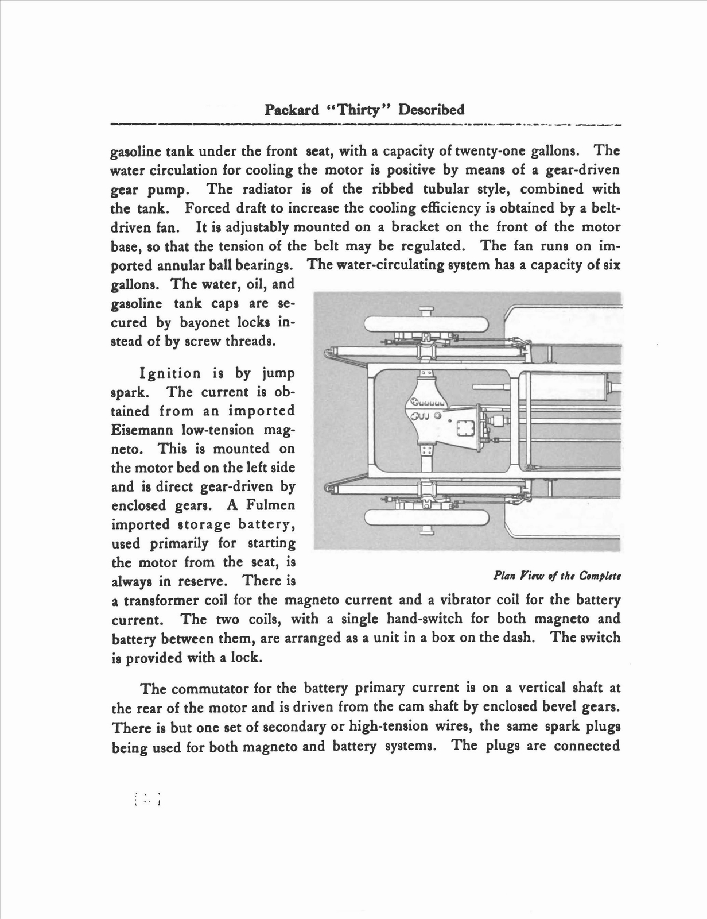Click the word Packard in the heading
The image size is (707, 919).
coord(292,110)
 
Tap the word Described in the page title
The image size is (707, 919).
coord(432,110)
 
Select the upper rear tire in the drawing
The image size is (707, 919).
coord(426,326)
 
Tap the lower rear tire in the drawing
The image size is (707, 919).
coord(426,516)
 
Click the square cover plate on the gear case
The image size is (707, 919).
coord(464,428)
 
